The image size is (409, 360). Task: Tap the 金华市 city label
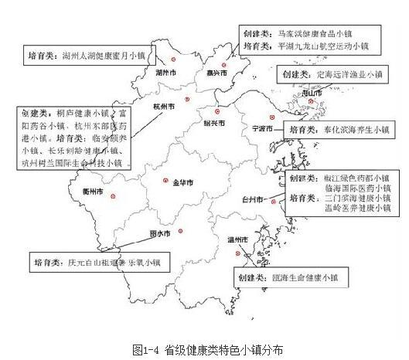tap(182, 182)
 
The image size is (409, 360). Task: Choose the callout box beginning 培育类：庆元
tap(97, 262)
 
